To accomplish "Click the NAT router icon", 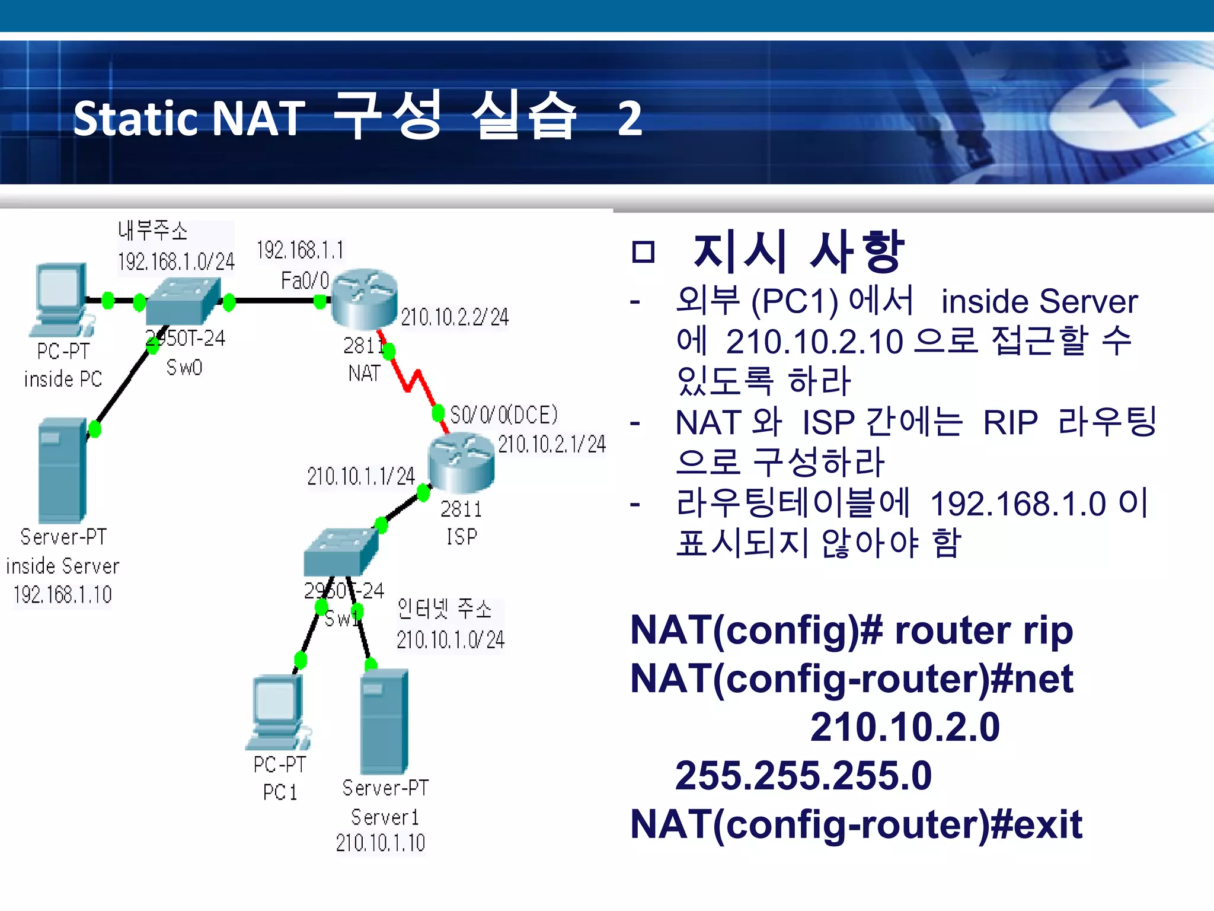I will [364, 298].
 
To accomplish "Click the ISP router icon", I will [461, 463].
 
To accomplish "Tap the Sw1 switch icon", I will [340, 552].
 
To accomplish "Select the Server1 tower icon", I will [384, 721].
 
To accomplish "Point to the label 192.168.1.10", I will [62, 594].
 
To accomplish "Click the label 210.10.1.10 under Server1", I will [381, 842].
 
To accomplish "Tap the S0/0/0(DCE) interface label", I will [504, 415].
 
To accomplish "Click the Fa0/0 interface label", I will [305, 280].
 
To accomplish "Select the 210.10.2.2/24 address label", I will [455, 317].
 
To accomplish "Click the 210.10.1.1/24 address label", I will [361, 476].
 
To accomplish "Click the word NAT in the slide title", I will [258, 118].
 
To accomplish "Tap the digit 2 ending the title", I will [630, 118].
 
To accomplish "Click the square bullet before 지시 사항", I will [643, 252].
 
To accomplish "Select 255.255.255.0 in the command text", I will [803, 775].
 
